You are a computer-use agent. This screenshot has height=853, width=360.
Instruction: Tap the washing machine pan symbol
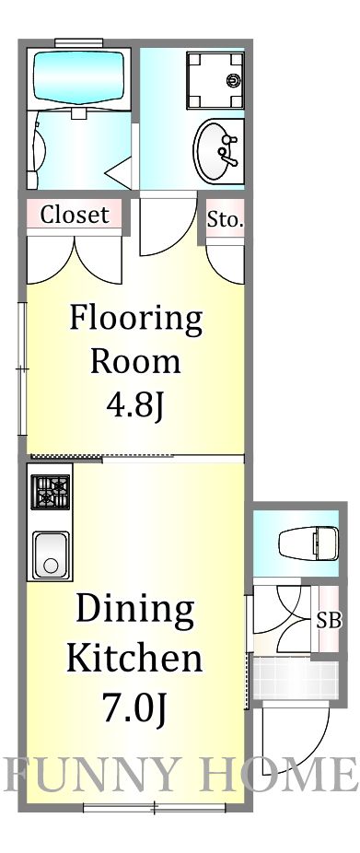(x=215, y=80)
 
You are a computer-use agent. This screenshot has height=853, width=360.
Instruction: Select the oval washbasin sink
(x=215, y=149)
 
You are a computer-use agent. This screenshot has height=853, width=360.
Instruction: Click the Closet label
(x=75, y=215)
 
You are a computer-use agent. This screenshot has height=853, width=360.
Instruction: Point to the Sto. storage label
(x=224, y=220)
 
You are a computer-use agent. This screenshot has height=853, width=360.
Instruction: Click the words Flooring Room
(x=135, y=340)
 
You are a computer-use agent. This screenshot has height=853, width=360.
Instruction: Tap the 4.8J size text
(x=135, y=405)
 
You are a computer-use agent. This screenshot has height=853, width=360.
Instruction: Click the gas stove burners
(x=51, y=492)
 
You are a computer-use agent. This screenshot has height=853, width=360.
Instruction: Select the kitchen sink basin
(x=51, y=555)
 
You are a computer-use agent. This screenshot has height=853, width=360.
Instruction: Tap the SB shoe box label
(x=329, y=621)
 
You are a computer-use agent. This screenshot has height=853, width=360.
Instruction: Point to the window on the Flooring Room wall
(x=22, y=368)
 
